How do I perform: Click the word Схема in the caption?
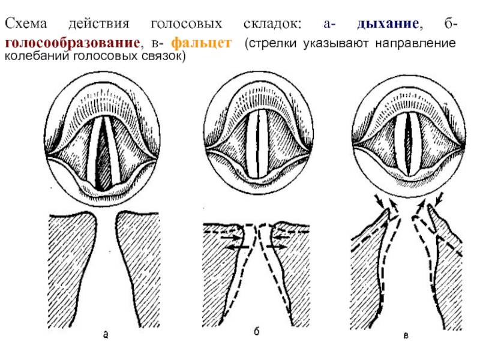click(26, 23)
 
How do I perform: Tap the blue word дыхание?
click(388, 23)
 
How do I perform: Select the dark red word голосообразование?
click(73, 43)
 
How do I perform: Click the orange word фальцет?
click(201, 43)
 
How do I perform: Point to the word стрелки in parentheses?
click(273, 43)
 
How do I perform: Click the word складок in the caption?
click(272, 24)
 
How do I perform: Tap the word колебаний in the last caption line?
click(37, 56)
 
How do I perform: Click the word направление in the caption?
click(415, 43)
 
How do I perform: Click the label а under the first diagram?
click(106, 335)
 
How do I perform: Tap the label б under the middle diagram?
click(257, 331)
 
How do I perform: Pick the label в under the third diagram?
click(406, 336)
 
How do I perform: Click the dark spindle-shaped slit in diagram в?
click(408, 144)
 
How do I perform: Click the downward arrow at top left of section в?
click(379, 201)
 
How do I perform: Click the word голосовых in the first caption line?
click(187, 24)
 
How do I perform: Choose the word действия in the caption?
click(99, 24)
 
